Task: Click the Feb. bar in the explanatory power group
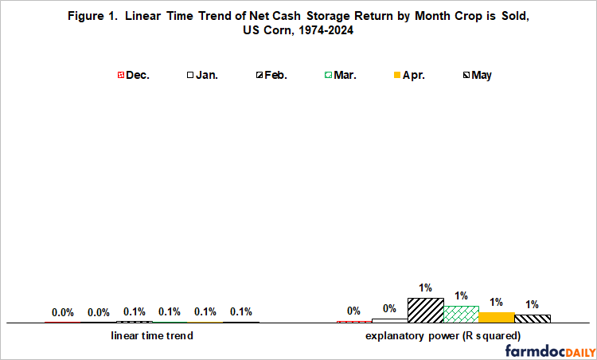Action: click(425, 310)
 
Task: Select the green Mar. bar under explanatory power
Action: click(461, 314)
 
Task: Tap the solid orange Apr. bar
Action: click(497, 317)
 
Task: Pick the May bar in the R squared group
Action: click(533, 319)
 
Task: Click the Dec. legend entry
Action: click(132, 76)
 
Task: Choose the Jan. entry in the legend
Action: click(204, 76)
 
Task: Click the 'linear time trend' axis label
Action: click(151, 336)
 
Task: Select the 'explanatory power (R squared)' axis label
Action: click(443, 336)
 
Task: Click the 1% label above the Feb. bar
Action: click(425, 288)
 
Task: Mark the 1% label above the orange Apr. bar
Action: click(497, 303)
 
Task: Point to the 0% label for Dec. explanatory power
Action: click(353, 311)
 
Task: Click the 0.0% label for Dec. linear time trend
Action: click(63, 313)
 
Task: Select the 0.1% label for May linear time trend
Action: click(241, 311)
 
